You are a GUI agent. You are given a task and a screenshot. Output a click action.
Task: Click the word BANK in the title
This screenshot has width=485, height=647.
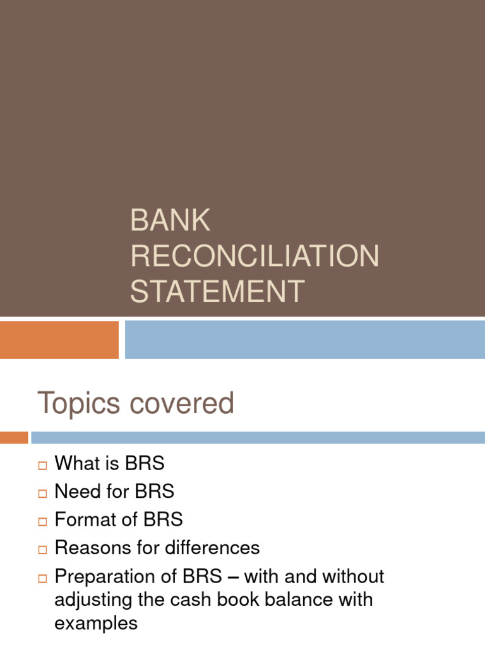tap(170, 221)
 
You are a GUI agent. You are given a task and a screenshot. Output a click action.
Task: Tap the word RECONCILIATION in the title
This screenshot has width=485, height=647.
tap(254, 256)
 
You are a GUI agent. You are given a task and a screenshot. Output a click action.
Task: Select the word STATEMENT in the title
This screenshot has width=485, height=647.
tap(217, 291)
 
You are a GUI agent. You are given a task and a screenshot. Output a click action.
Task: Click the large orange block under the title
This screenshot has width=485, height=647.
tap(59, 339)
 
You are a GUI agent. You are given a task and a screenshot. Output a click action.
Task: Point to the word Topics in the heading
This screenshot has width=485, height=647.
tap(78, 404)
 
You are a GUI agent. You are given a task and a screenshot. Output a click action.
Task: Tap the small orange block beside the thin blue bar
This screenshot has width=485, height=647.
tap(14, 437)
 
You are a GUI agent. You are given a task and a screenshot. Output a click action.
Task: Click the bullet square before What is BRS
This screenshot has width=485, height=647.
tap(42, 466)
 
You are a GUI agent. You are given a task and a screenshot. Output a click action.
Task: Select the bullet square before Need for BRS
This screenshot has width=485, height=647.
tap(42, 493)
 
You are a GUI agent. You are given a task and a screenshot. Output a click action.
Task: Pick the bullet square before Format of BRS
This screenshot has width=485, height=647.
tap(42, 522)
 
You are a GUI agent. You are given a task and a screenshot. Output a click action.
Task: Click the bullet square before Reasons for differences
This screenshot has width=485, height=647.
tap(42, 550)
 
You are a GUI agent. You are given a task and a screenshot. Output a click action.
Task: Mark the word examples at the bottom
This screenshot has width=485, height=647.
tap(96, 623)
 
